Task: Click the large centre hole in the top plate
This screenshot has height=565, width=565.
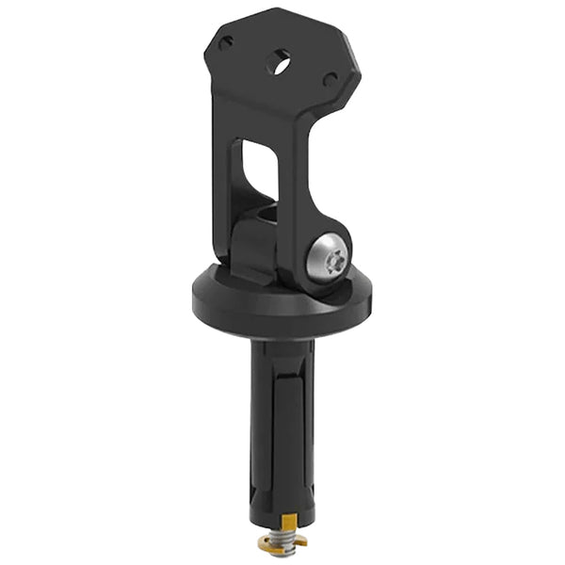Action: [x=277, y=62]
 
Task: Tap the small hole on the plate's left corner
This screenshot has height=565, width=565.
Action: [x=227, y=41]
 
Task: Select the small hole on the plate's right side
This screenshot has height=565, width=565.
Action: [x=329, y=80]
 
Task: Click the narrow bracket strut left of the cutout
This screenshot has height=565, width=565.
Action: [x=230, y=179]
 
